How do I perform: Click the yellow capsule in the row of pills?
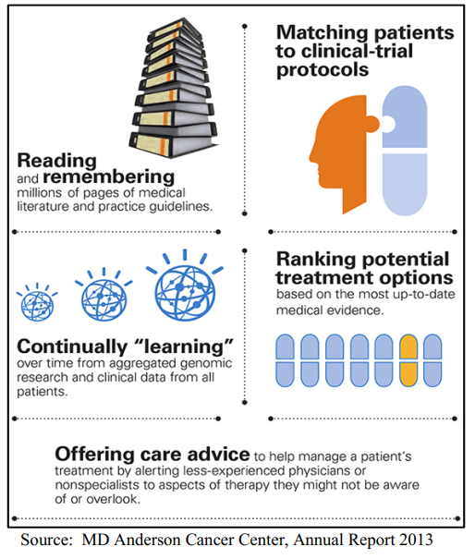(408, 360)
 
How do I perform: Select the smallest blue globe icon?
(37, 303)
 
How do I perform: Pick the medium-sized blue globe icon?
(104, 296)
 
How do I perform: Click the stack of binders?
(174, 88)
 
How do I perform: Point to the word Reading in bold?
(57, 162)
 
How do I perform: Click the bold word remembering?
(109, 176)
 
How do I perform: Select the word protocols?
(323, 69)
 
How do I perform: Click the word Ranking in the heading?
(316, 261)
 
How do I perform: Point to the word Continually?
(72, 347)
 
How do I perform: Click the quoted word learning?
(184, 347)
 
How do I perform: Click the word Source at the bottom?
(46, 541)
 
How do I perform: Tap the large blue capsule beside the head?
(405, 151)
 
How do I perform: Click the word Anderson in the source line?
(144, 541)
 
